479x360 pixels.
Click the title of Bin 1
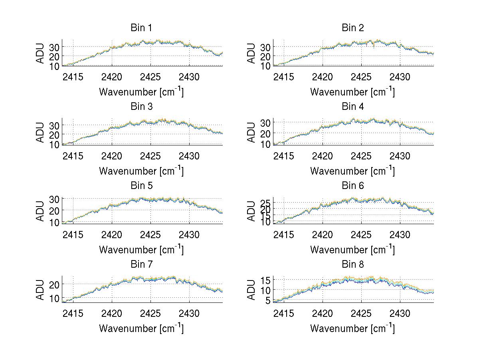tap(141, 28)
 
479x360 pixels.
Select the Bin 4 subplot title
tap(353, 107)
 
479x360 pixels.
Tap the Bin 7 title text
tap(141, 265)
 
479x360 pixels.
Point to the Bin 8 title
tap(353, 265)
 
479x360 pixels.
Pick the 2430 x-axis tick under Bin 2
tap(400, 77)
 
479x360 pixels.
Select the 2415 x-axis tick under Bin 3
tap(73, 155)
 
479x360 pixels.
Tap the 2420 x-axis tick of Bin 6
tap(323, 235)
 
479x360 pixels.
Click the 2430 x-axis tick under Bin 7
tap(189, 313)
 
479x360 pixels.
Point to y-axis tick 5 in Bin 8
tap(268, 300)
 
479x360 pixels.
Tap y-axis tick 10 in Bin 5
tap(55, 222)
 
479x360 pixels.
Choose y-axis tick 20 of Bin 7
tap(55, 284)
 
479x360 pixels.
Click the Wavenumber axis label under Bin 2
tap(352, 92)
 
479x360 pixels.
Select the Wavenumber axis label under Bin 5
tap(141, 250)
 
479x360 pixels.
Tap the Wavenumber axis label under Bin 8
tap(352, 328)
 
